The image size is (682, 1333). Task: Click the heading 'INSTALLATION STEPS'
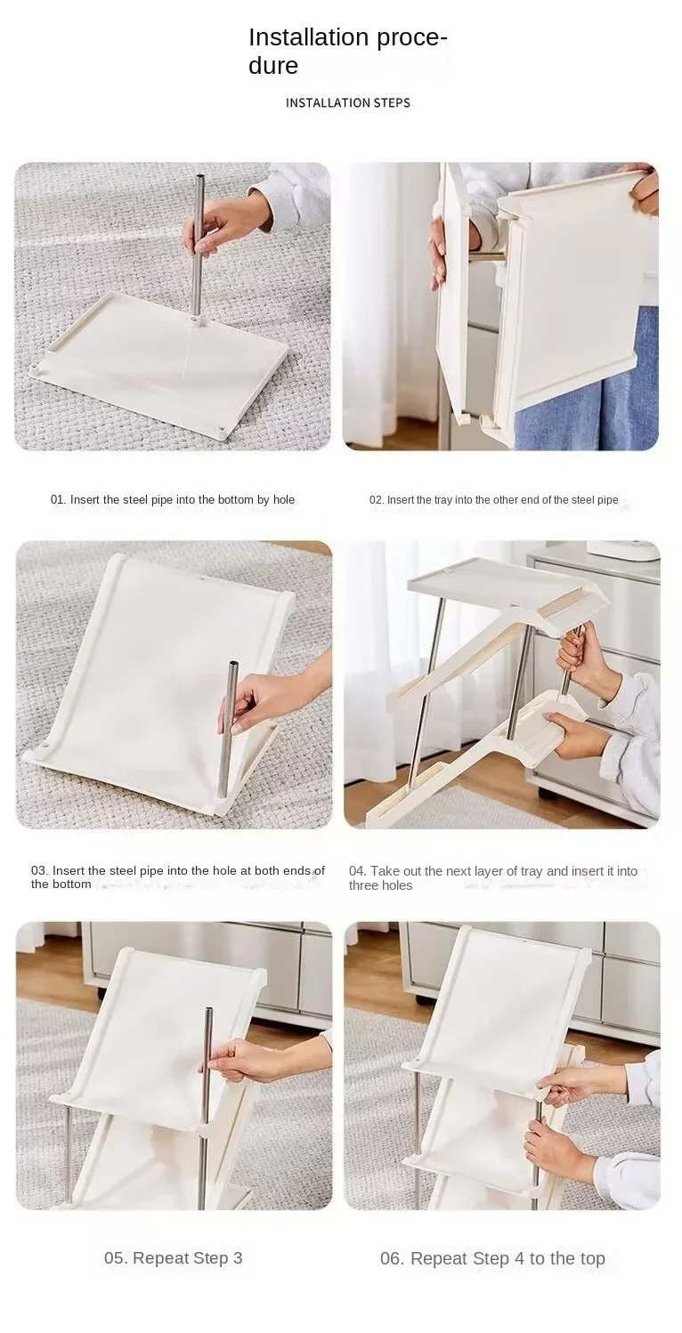pyautogui.click(x=348, y=103)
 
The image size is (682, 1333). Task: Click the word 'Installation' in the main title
pyautogui.click(x=302, y=37)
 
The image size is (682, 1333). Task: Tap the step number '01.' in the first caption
pyautogui.click(x=58, y=500)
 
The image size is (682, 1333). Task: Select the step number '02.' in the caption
pyautogui.click(x=377, y=500)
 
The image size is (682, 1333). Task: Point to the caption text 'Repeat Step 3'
pyautogui.click(x=188, y=1258)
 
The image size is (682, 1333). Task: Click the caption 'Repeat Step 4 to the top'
pyautogui.click(x=507, y=1258)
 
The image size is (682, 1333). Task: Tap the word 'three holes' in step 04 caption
pyautogui.click(x=380, y=885)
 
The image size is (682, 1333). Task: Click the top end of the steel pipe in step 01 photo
pyautogui.click(x=200, y=177)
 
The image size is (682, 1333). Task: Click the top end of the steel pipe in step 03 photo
pyautogui.click(x=233, y=665)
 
